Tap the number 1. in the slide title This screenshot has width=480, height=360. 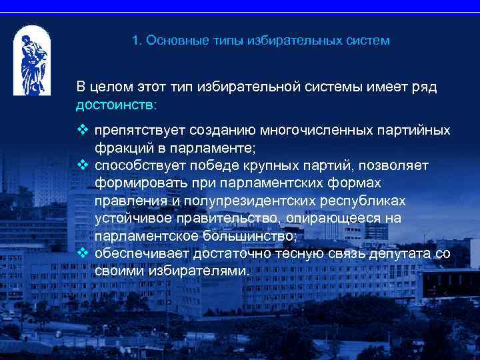click(x=137, y=41)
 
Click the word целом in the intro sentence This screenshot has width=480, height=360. click(x=110, y=87)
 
